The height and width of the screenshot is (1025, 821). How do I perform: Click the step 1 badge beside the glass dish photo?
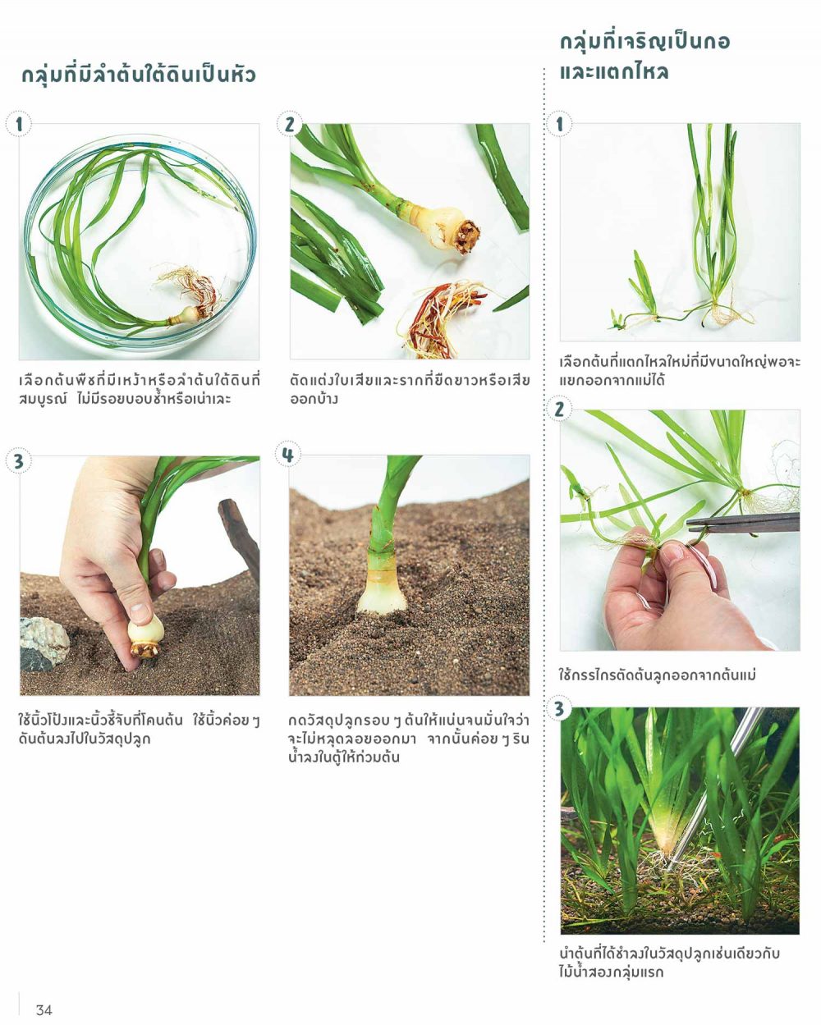point(19,124)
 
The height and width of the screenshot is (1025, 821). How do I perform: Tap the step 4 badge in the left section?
point(288,455)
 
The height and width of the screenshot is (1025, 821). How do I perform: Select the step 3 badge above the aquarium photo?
point(559,709)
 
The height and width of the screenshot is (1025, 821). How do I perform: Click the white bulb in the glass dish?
point(188,315)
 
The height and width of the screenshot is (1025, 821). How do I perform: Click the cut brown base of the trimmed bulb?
point(466,236)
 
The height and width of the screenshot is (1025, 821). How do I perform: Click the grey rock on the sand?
point(43,644)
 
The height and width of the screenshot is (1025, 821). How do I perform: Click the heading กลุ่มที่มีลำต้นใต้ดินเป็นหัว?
point(139,76)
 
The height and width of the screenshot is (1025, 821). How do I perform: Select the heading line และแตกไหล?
point(614,71)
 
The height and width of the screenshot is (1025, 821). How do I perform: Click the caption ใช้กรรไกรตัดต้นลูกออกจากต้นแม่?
point(657,675)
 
